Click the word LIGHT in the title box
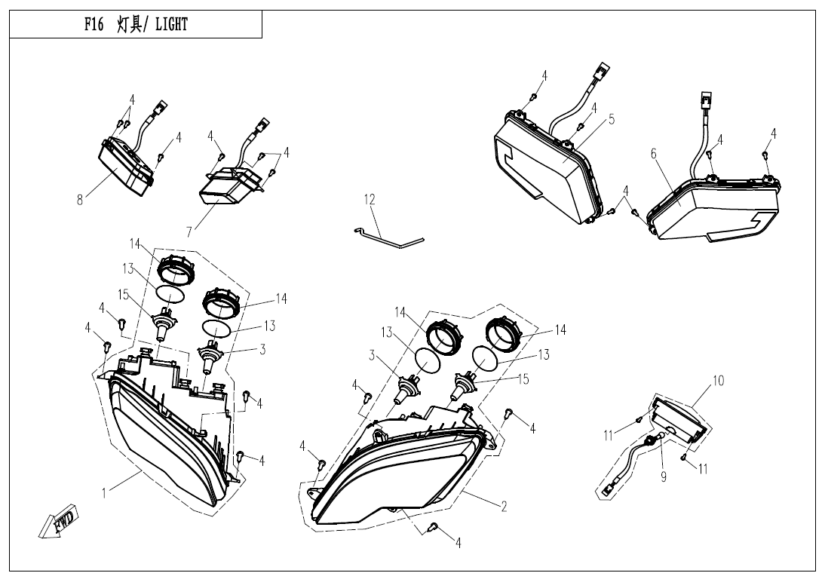[x=171, y=25]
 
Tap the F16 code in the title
[x=94, y=25]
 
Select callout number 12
[x=370, y=200]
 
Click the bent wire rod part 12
[x=388, y=237]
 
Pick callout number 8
[x=80, y=200]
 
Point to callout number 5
[x=611, y=120]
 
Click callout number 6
[x=653, y=154]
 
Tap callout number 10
[x=718, y=381]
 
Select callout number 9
[x=663, y=476]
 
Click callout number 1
[x=104, y=493]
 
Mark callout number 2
[x=504, y=507]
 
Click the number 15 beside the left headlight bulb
[x=123, y=296]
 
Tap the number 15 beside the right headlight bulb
[x=523, y=379]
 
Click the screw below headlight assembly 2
[x=434, y=526]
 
